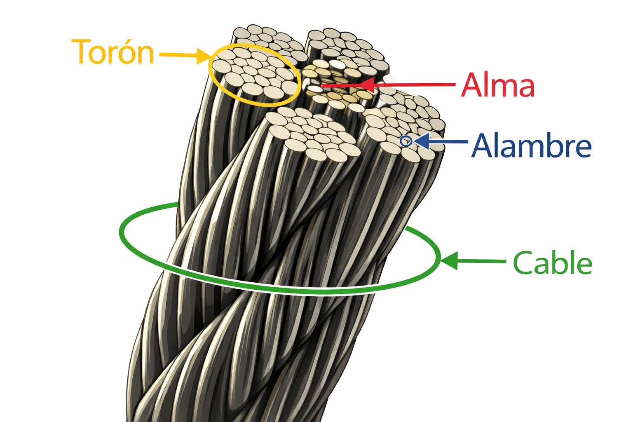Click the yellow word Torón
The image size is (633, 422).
(113, 52)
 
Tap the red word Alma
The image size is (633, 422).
(497, 85)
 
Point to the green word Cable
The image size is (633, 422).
(553, 262)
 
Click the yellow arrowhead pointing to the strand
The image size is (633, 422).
(204, 56)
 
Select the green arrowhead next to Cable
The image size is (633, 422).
(449, 261)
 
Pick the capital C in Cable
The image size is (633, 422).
(523, 263)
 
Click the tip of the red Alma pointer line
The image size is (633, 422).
(321, 85)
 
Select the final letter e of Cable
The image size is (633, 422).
(584, 266)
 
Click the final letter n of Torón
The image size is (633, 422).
(145, 55)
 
